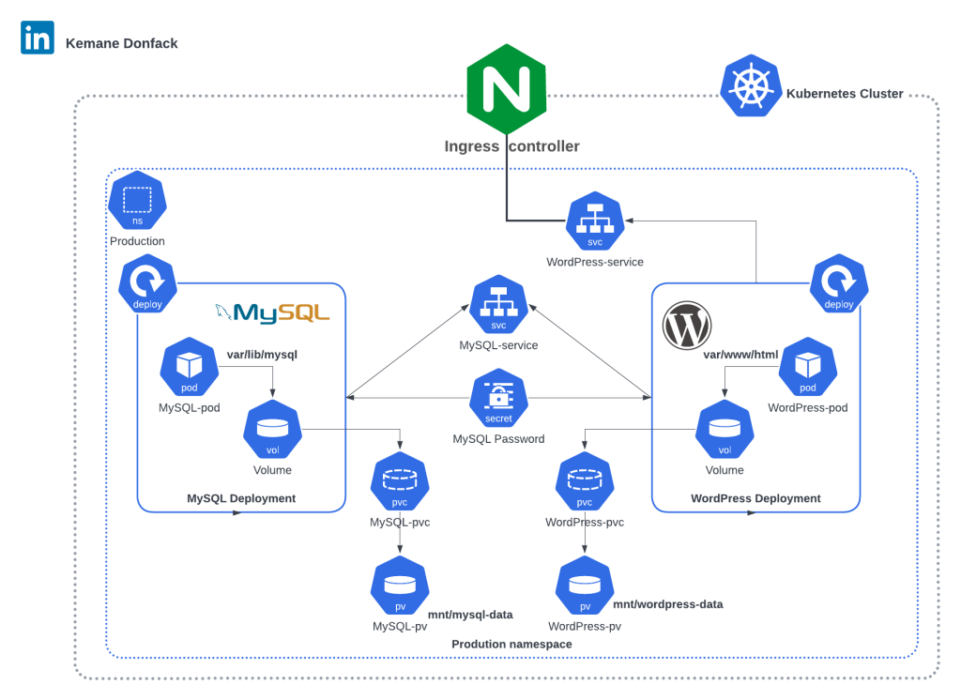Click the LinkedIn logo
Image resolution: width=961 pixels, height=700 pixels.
point(38,38)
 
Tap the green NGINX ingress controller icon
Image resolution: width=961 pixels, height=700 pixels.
point(507,89)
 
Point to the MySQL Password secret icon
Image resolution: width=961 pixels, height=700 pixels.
point(498,400)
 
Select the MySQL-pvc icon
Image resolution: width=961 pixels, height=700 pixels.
point(400,482)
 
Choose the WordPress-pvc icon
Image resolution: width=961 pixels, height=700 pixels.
point(585,482)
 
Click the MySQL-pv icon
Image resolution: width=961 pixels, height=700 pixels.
point(400,587)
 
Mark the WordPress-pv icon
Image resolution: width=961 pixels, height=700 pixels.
point(584,587)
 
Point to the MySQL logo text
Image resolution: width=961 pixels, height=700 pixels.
point(273,312)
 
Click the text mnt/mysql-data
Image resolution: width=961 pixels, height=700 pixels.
point(470,615)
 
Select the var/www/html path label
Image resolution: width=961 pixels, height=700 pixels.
point(740,355)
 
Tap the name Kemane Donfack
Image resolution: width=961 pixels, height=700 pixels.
point(121,43)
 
